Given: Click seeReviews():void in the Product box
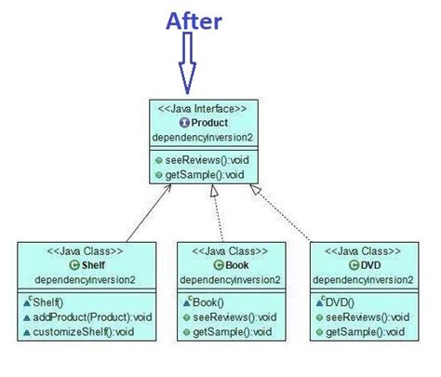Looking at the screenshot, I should (196, 158).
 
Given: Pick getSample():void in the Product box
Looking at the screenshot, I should (193, 173).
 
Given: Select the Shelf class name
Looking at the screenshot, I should (77, 265).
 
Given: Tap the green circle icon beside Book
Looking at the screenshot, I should (206, 265).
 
